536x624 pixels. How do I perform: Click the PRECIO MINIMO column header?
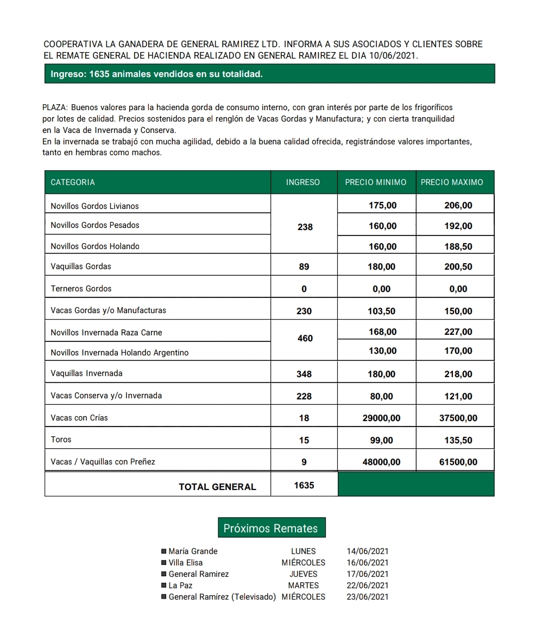click(375, 182)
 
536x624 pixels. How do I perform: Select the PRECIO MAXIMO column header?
click(452, 182)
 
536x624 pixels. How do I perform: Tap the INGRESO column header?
click(303, 182)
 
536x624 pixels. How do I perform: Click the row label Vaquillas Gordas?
click(81, 266)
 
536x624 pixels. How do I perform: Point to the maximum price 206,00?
click(458, 205)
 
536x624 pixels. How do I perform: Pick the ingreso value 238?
click(305, 227)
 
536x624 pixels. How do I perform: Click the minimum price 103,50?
click(382, 311)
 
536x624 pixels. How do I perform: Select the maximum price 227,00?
click(458, 332)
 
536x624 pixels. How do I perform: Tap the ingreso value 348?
click(304, 374)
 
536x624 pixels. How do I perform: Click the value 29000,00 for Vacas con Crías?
click(382, 418)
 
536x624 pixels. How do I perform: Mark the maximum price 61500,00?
click(458, 462)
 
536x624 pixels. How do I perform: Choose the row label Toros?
click(61, 440)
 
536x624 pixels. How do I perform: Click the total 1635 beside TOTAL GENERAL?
click(304, 485)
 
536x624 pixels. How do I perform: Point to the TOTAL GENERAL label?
click(217, 487)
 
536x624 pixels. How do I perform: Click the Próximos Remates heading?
click(270, 528)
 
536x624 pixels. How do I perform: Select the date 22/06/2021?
click(368, 585)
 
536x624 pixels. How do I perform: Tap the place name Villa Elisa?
click(186, 563)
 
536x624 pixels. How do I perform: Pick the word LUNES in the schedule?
click(304, 551)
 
